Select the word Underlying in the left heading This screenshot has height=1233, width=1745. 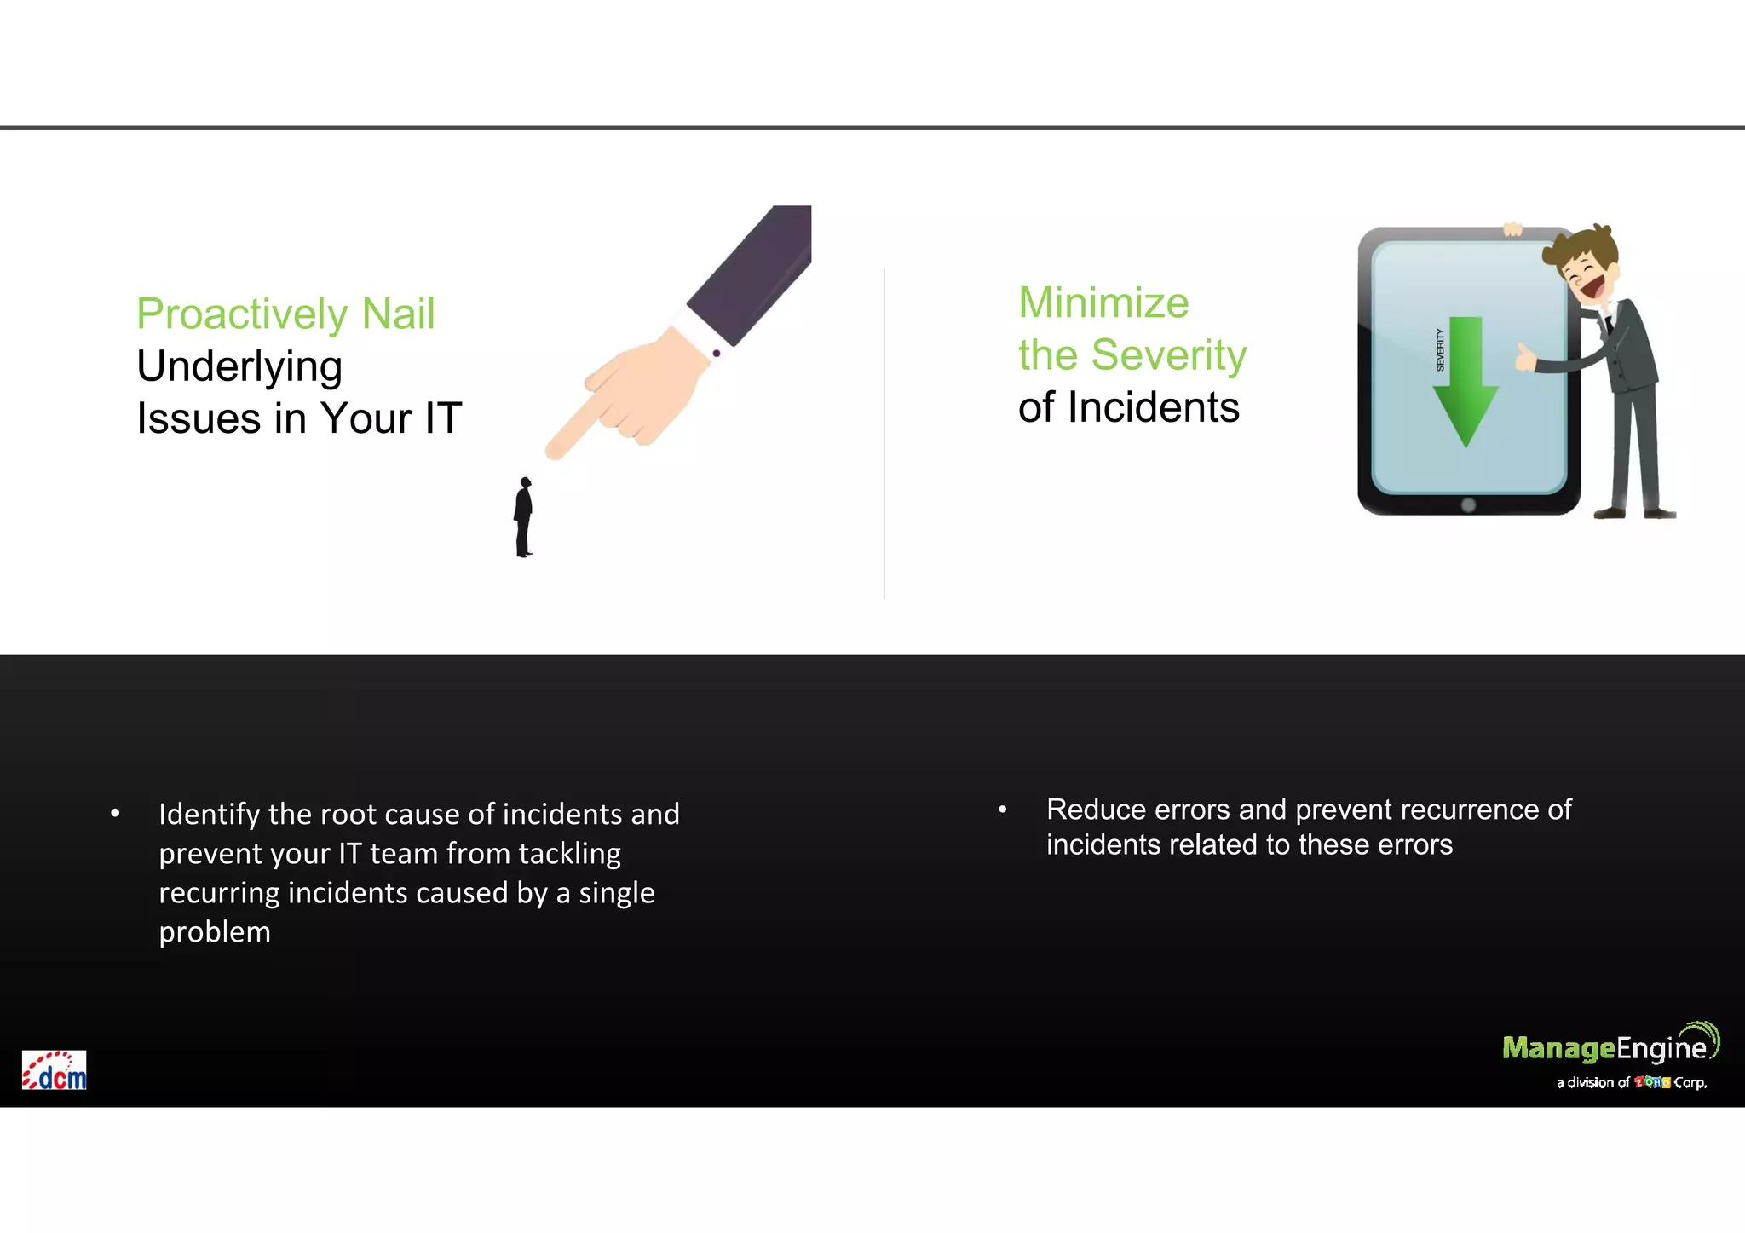[239, 367]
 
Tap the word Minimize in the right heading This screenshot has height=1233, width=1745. [1103, 303]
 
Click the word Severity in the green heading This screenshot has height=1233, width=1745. [1169, 355]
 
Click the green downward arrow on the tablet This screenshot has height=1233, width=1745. [1466, 383]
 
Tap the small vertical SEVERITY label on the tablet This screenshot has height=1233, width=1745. [1440, 349]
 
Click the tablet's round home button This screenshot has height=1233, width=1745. [1468, 505]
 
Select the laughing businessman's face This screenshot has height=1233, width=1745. [1587, 277]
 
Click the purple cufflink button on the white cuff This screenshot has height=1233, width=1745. [717, 353]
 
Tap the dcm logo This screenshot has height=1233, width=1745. [54, 1070]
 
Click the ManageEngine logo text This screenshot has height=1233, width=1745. [1604, 1048]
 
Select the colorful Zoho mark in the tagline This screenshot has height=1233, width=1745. [1652, 1083]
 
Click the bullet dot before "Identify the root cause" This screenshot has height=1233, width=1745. [115, 814]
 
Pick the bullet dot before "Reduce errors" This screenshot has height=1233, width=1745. [1003, 809]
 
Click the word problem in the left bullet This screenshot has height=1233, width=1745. [215, 933]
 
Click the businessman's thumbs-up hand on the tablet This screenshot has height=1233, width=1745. [1523, 358]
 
